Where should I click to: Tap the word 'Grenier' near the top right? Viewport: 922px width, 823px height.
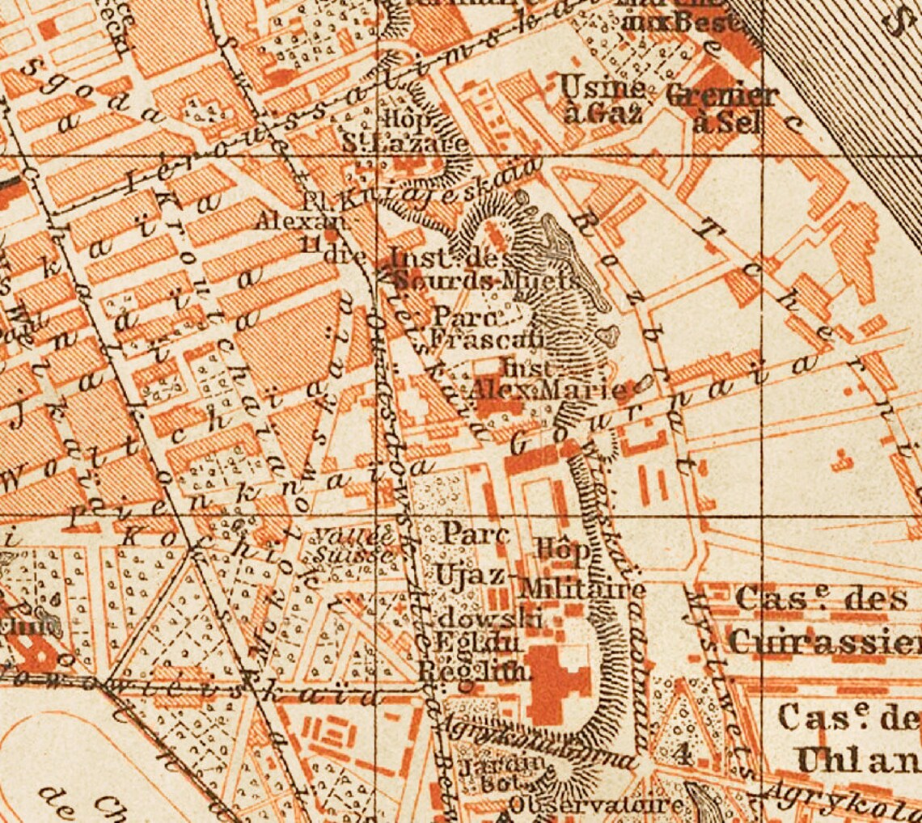coord(722,95)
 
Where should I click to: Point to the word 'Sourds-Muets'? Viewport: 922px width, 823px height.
coord(485,281)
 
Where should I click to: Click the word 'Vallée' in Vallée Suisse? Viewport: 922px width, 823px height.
coord(343,535)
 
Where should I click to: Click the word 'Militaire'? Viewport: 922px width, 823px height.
coord(582,589)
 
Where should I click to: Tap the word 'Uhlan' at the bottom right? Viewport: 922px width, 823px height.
coord(857,759)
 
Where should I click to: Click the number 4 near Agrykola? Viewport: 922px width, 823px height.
coord(682,755)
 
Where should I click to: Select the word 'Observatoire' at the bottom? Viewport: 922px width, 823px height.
coord(596,804)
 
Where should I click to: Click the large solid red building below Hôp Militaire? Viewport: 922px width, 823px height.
coord(558,683)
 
